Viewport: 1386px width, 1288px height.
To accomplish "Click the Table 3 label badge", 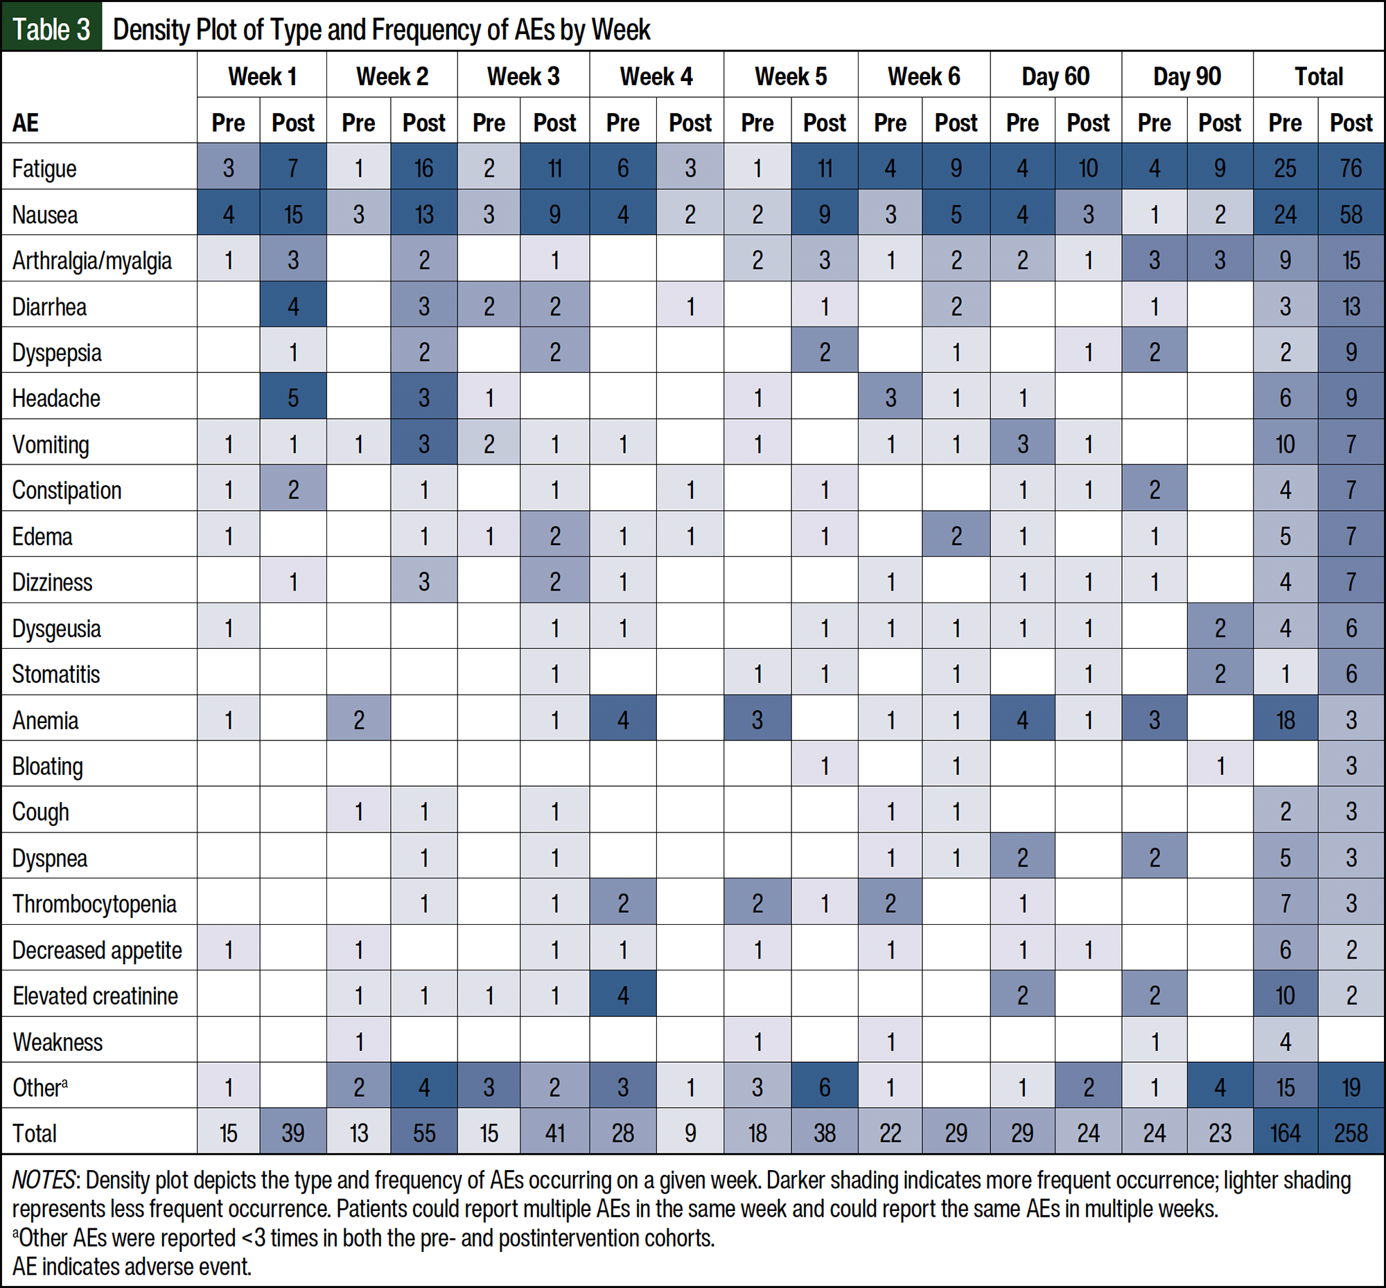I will click(51, 28).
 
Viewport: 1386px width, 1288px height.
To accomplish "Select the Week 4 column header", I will click(656, 76).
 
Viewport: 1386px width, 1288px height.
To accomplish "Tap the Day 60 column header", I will click(1055, 76).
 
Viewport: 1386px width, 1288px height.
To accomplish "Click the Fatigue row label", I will click(44, 168).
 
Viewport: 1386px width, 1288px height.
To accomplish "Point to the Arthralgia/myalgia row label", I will click(92, 261).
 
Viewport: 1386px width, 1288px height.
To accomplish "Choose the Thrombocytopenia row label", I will click(94, 904).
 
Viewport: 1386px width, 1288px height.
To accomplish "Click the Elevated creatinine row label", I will click(96, 996).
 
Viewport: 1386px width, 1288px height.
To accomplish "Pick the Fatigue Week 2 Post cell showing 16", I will click(423, 168).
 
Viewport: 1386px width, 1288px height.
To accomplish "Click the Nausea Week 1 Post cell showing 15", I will click(292, 214).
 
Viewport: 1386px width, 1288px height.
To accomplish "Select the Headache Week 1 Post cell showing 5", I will click(292, 398).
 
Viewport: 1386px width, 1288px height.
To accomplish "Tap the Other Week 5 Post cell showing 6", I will click(825, 1087).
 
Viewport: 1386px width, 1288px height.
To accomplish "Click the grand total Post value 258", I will click(1351, 1133).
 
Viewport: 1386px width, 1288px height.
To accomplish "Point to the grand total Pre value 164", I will click(1285, 1133).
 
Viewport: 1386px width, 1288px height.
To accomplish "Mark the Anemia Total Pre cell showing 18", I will click(1285, 720).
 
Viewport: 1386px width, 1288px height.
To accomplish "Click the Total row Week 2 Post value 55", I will click(423, 1133).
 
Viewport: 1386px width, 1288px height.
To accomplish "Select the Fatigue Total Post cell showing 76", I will click(1351, 168).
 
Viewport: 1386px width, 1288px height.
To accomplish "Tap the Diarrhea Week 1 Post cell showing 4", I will click(292, 306).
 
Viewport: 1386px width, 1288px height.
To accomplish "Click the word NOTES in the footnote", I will click(43, 1181).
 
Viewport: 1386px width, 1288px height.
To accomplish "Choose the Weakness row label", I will click(58, 1042).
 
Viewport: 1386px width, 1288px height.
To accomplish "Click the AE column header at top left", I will click(25, 123).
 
